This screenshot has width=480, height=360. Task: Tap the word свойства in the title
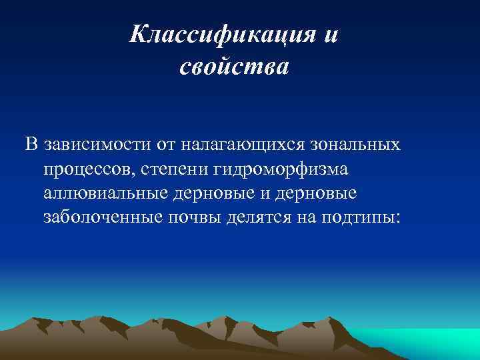[x=234, y=67]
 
